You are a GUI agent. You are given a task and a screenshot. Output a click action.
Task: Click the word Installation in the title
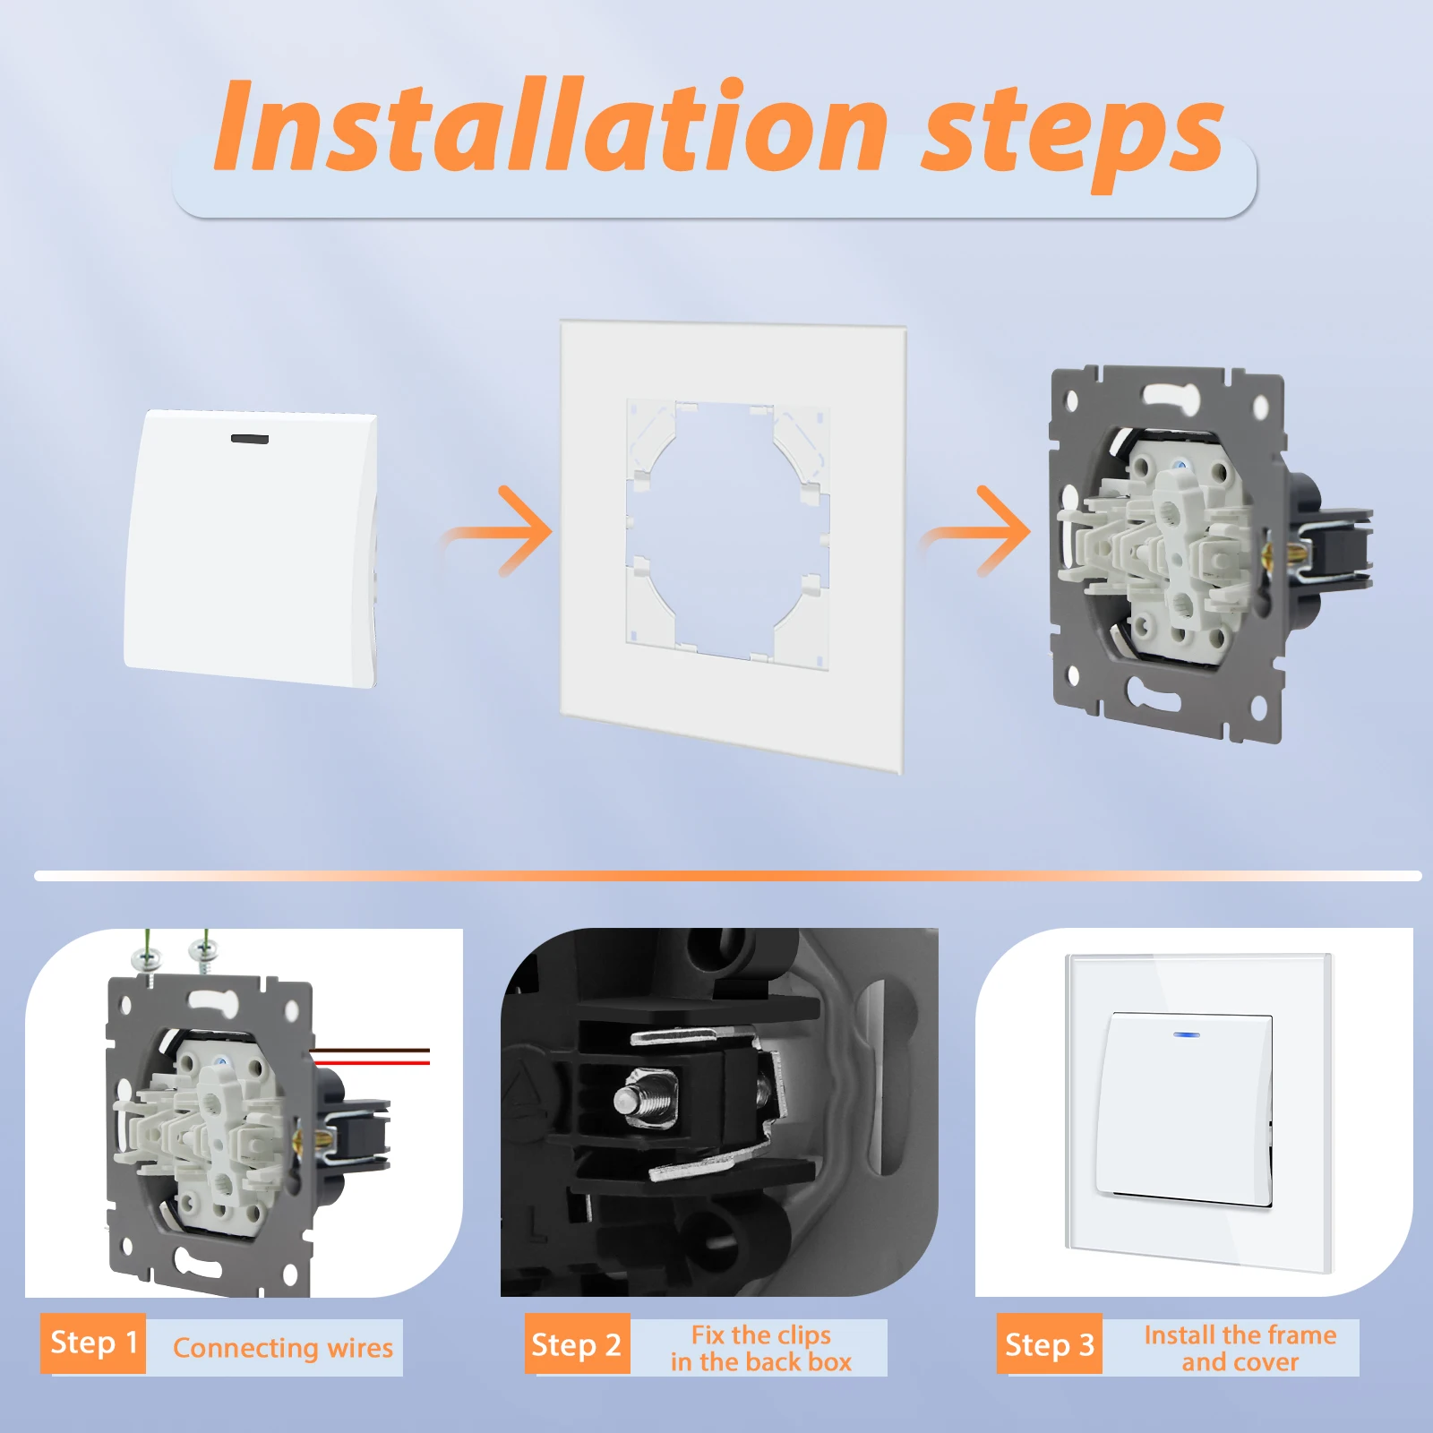(x=550, y=125)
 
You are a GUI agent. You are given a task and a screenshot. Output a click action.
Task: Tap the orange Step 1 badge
(x=93, y=1343)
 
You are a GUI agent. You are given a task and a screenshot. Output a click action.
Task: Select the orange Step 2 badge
(x=577, y=1343)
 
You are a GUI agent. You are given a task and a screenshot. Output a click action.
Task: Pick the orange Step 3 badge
(x=1050, y=1343)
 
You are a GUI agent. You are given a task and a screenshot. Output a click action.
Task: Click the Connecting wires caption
(x=283, y=1347)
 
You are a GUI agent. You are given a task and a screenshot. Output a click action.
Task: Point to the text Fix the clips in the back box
(x=761, y=1348)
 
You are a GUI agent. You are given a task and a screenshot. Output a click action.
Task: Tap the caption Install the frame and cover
(x=1240, y=1348)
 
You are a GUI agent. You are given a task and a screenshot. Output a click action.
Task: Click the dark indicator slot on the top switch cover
(x=250, y=439)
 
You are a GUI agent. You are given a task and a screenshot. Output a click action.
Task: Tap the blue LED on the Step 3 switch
(x=1188, y=1034)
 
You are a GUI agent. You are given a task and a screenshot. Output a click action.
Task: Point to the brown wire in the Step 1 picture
(x=371, y=1050)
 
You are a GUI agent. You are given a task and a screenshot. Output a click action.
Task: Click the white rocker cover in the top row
(x=251, y=548)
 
